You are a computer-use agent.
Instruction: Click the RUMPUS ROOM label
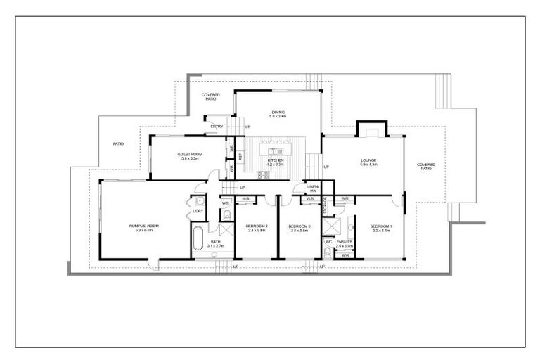point(144,225)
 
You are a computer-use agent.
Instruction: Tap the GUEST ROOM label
point(190,154)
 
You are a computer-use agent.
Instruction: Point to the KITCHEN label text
point(276,160)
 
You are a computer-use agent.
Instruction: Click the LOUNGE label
point(369,160)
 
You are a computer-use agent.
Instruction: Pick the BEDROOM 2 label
point(256,226)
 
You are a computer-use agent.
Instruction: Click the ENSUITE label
point(345,241)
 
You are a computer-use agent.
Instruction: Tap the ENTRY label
point(217,127)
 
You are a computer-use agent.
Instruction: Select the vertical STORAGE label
point(325,205)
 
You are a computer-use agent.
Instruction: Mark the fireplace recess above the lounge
point(371,130)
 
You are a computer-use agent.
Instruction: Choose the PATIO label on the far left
point(119,143)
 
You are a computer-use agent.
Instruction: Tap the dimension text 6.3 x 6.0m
point(144,230)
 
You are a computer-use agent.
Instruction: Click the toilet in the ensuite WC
point(328,250)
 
